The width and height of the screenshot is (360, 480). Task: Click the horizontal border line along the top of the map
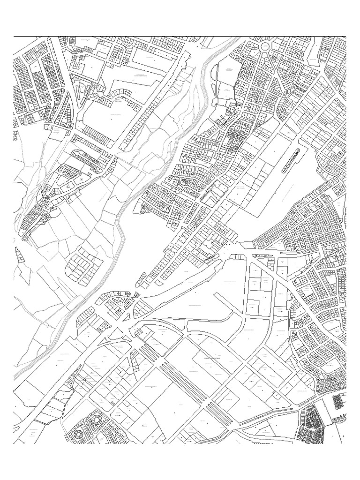coord(180,36)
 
